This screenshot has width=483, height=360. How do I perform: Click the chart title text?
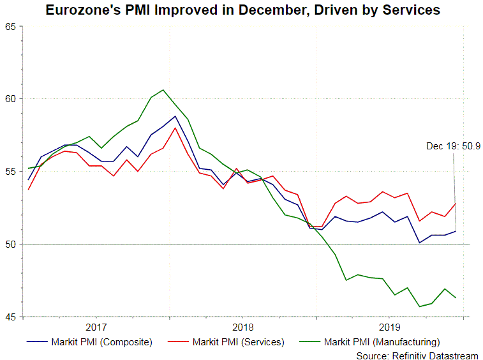(x=242, y=11)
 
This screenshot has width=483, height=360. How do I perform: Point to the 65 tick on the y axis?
(x=11, y=26)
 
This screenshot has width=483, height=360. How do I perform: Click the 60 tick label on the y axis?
(x=11, y=99)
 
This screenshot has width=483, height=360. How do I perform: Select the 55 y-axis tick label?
(x=11, y=172)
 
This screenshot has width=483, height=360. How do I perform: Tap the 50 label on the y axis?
(x=11, y=244)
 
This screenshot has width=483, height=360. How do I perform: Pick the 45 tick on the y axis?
(x=11, y=317)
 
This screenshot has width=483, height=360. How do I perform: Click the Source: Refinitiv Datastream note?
(x=417, y=355)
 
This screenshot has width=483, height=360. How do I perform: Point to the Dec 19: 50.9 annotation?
(x=453, y=146)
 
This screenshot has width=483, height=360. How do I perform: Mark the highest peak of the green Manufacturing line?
(x=163, y=90)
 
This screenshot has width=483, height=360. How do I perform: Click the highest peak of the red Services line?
(x=175, y=128)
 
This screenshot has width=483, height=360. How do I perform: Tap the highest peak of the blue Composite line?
(x=175, y=116)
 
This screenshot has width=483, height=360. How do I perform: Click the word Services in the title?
(x=408, y=11)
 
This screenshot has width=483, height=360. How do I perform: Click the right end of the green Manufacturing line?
(x=455, y=298)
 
